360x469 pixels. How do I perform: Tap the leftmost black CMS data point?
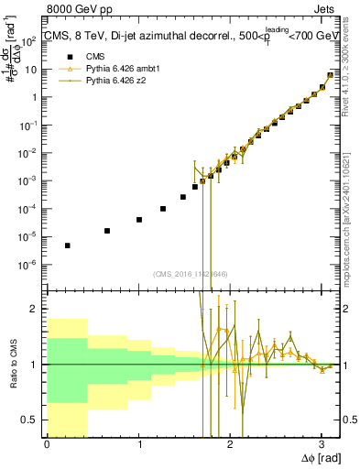point(68,245)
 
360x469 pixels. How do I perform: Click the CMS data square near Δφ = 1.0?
point(138,220)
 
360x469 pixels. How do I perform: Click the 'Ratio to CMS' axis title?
point(13,365)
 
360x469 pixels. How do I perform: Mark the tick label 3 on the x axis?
point(322,444)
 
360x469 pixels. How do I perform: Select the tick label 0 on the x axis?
point(47,444)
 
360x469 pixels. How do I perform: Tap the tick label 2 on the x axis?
point(230,444)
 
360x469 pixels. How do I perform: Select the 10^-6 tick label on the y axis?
point(29,265)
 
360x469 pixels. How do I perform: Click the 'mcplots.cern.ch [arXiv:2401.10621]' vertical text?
point(348,202)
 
